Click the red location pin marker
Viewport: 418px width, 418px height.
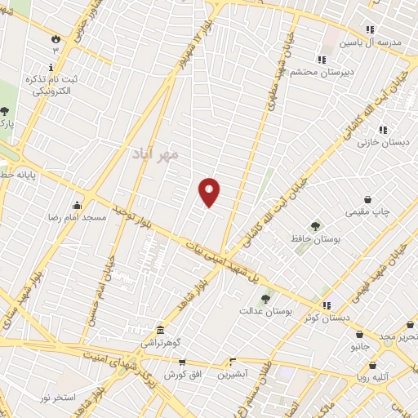click(x=210, y=192)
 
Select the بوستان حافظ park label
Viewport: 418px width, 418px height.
click(x=315, y=238)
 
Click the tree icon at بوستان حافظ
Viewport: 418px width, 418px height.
click(x=315, y=226)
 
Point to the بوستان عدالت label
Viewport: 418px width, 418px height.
click(x=260, y=311)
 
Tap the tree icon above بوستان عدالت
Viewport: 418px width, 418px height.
click(x=265, y=299)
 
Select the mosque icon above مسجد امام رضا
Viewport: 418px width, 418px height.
click(x=78, y=205)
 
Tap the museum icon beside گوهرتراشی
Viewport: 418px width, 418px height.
click(x=159, y=331)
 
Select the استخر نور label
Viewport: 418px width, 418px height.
click(x=59, y=398)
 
